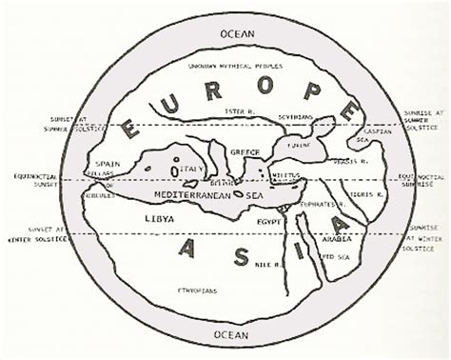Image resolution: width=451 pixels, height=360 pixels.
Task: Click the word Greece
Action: [x=245, y=151]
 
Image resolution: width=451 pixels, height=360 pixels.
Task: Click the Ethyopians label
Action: [x=200, y=289]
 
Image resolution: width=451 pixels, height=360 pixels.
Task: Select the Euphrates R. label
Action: [x=323, y=204]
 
